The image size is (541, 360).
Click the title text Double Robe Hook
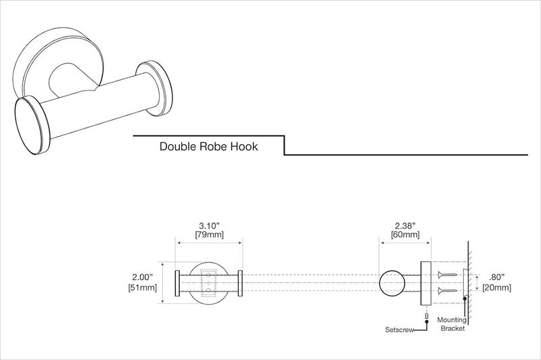click(208, 146)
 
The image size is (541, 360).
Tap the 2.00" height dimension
click(143, 276)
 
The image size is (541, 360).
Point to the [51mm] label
click(143, 288)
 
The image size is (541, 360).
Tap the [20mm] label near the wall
click(498, 288)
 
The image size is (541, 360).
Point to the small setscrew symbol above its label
click(427, 315)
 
